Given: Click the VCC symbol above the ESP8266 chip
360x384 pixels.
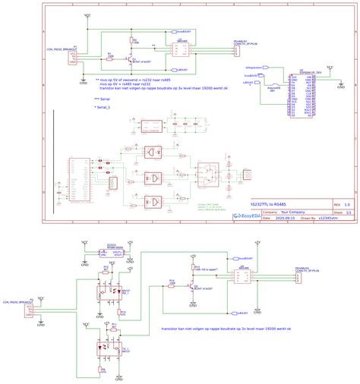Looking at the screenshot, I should [x=328, y=67].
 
